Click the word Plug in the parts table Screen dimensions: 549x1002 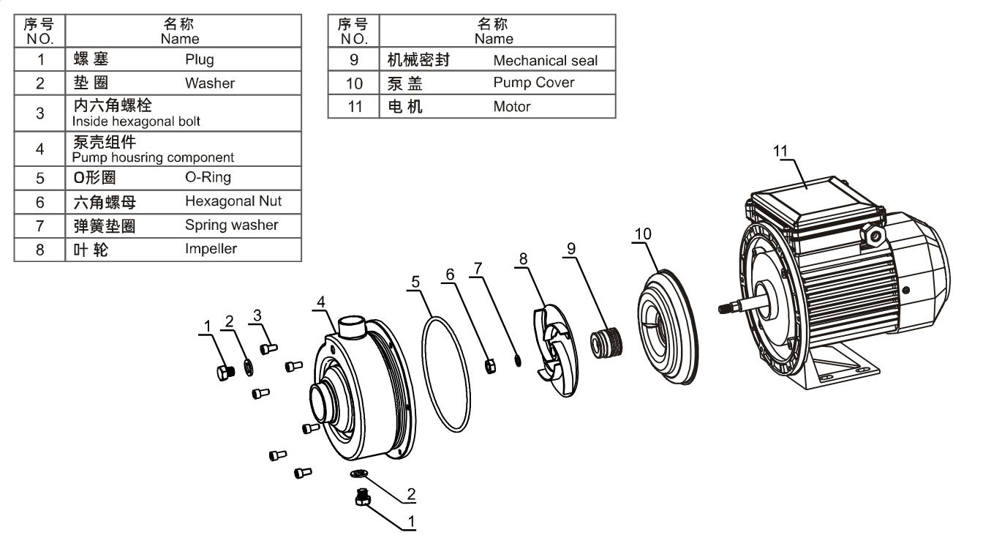(199, 59)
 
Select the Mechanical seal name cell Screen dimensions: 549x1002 (545, 61)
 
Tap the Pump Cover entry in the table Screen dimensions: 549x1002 (533, 83)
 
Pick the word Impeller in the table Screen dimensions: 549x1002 (211, 248)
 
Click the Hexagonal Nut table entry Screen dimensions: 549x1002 (233, 201)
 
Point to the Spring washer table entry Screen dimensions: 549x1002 (231, 225)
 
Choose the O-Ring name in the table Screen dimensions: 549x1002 (208, 177)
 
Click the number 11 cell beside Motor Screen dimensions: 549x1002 (354, 106)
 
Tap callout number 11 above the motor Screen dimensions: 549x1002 (781, 150)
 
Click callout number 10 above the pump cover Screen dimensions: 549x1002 (642, 234)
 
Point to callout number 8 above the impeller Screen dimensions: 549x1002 (523, 258)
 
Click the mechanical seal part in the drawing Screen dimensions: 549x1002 (606, 342)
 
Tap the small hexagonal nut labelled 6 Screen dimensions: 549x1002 (491, 364)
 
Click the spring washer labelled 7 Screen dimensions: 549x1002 (518, 360)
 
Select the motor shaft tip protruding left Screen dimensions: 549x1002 (726, 309)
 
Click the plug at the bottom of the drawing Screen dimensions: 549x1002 (361, 498)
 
